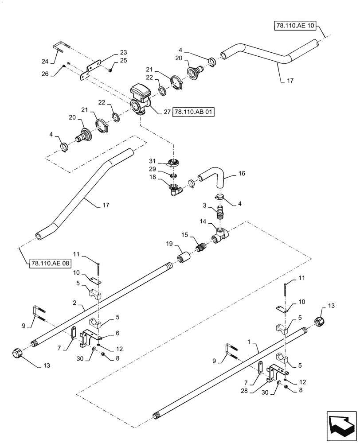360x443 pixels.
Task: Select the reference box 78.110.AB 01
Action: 194,113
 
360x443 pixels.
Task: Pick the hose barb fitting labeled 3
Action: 219,214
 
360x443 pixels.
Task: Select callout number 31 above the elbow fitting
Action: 152,161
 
